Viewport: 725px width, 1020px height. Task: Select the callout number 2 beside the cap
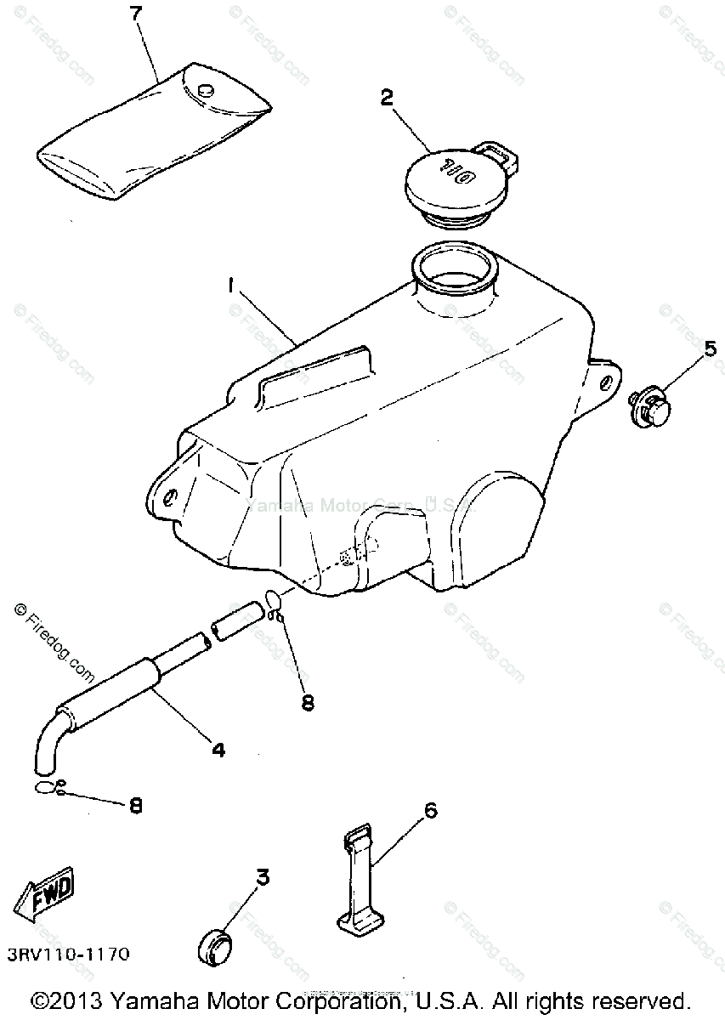tap(387, 98)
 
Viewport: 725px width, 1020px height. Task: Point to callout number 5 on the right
tap(710, 348)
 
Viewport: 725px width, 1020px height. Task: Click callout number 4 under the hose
tap(218, 750)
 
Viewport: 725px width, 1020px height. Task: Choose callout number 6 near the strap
tap(430, 810)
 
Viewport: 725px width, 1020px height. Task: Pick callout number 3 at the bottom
tap(263, 877)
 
